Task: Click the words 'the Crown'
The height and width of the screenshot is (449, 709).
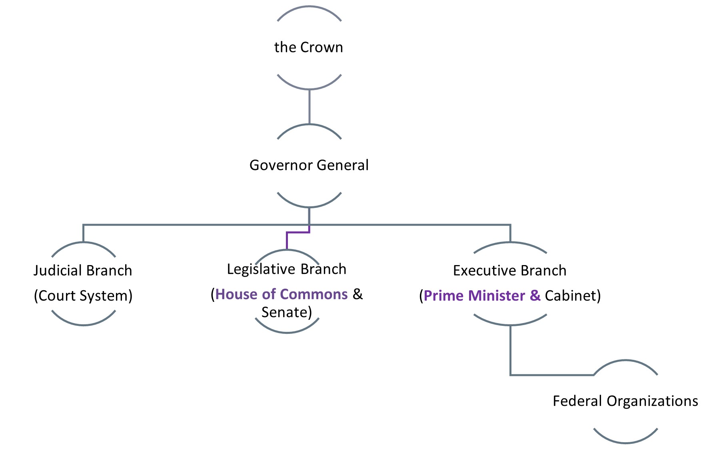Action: tap(308, 47)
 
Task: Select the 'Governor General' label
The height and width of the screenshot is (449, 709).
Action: tap(309, 165)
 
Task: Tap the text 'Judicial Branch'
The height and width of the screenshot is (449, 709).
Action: tap(83, 271)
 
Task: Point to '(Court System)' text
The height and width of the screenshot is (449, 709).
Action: tap(83, 296)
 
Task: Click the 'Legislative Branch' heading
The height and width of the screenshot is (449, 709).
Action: tap(286, 269)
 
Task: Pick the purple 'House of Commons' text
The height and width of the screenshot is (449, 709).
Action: tap(282, 294)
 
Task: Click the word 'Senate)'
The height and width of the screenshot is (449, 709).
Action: tap(286, 312)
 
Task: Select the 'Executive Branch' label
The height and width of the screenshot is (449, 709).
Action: tap(509, 271)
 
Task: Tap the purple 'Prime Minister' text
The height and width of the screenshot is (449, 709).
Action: tap(474, 296)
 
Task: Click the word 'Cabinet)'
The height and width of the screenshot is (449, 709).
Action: tap(573, 296)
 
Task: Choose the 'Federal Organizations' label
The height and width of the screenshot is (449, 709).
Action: tap(625, 401)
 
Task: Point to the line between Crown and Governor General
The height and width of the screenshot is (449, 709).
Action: tap(309, 106)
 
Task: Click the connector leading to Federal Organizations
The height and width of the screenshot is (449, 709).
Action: tap(511, 352)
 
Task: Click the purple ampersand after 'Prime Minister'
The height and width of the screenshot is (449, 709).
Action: tap(535, 296)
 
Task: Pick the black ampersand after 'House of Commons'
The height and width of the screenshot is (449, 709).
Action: tap(357, 294)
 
